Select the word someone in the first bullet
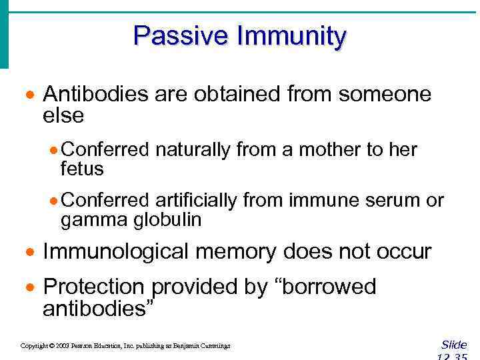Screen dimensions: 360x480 385,94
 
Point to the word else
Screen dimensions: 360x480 63,116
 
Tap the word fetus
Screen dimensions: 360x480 82,169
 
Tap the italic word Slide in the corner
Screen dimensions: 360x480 454,345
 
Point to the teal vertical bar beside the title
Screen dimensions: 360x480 4,33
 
